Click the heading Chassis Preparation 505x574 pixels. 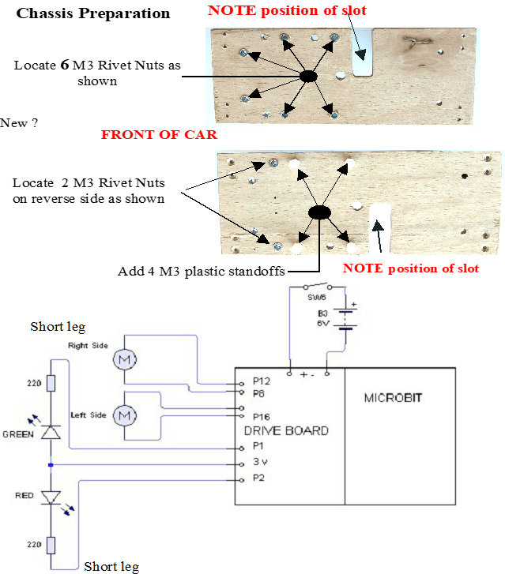click(x=93, y=13)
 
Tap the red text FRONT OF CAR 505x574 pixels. click(x=159, y=135)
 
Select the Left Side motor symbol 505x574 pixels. click(x=124, y=415)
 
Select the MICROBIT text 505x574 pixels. click(x=390, y=398)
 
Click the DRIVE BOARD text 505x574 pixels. click(x=286, y=430)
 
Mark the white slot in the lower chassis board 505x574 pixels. click(x=380, y=227)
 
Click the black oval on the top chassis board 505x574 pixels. click(x=308, y=76)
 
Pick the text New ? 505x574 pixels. click(x=20, y=123)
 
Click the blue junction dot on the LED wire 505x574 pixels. click(x=50, y=465)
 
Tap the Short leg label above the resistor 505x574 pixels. click(x=58, y=327)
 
